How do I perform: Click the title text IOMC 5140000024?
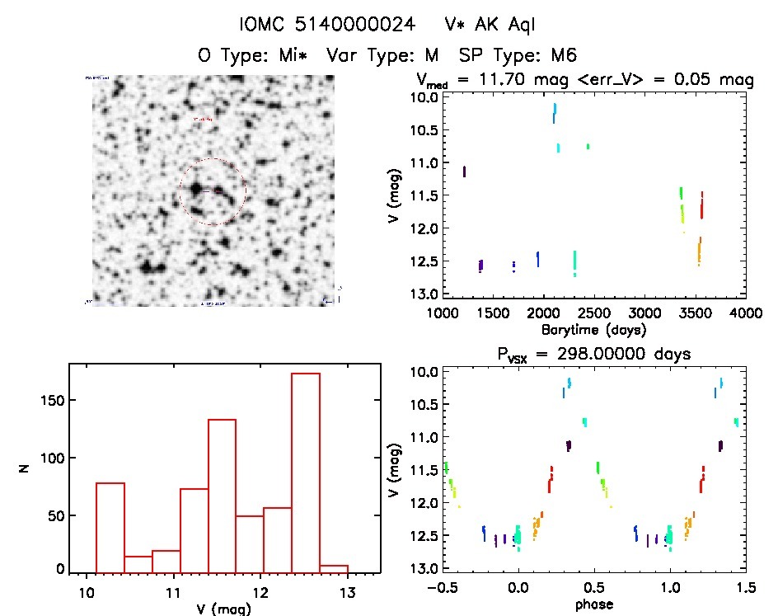pos(327,24)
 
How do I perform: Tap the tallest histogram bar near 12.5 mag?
pos(305,471)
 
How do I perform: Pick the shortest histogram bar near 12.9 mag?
pos(334,567)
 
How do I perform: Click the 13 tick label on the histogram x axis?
pos(347,592)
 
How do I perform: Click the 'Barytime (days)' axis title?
pos(593,329)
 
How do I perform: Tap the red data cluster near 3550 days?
pos(701,206)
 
